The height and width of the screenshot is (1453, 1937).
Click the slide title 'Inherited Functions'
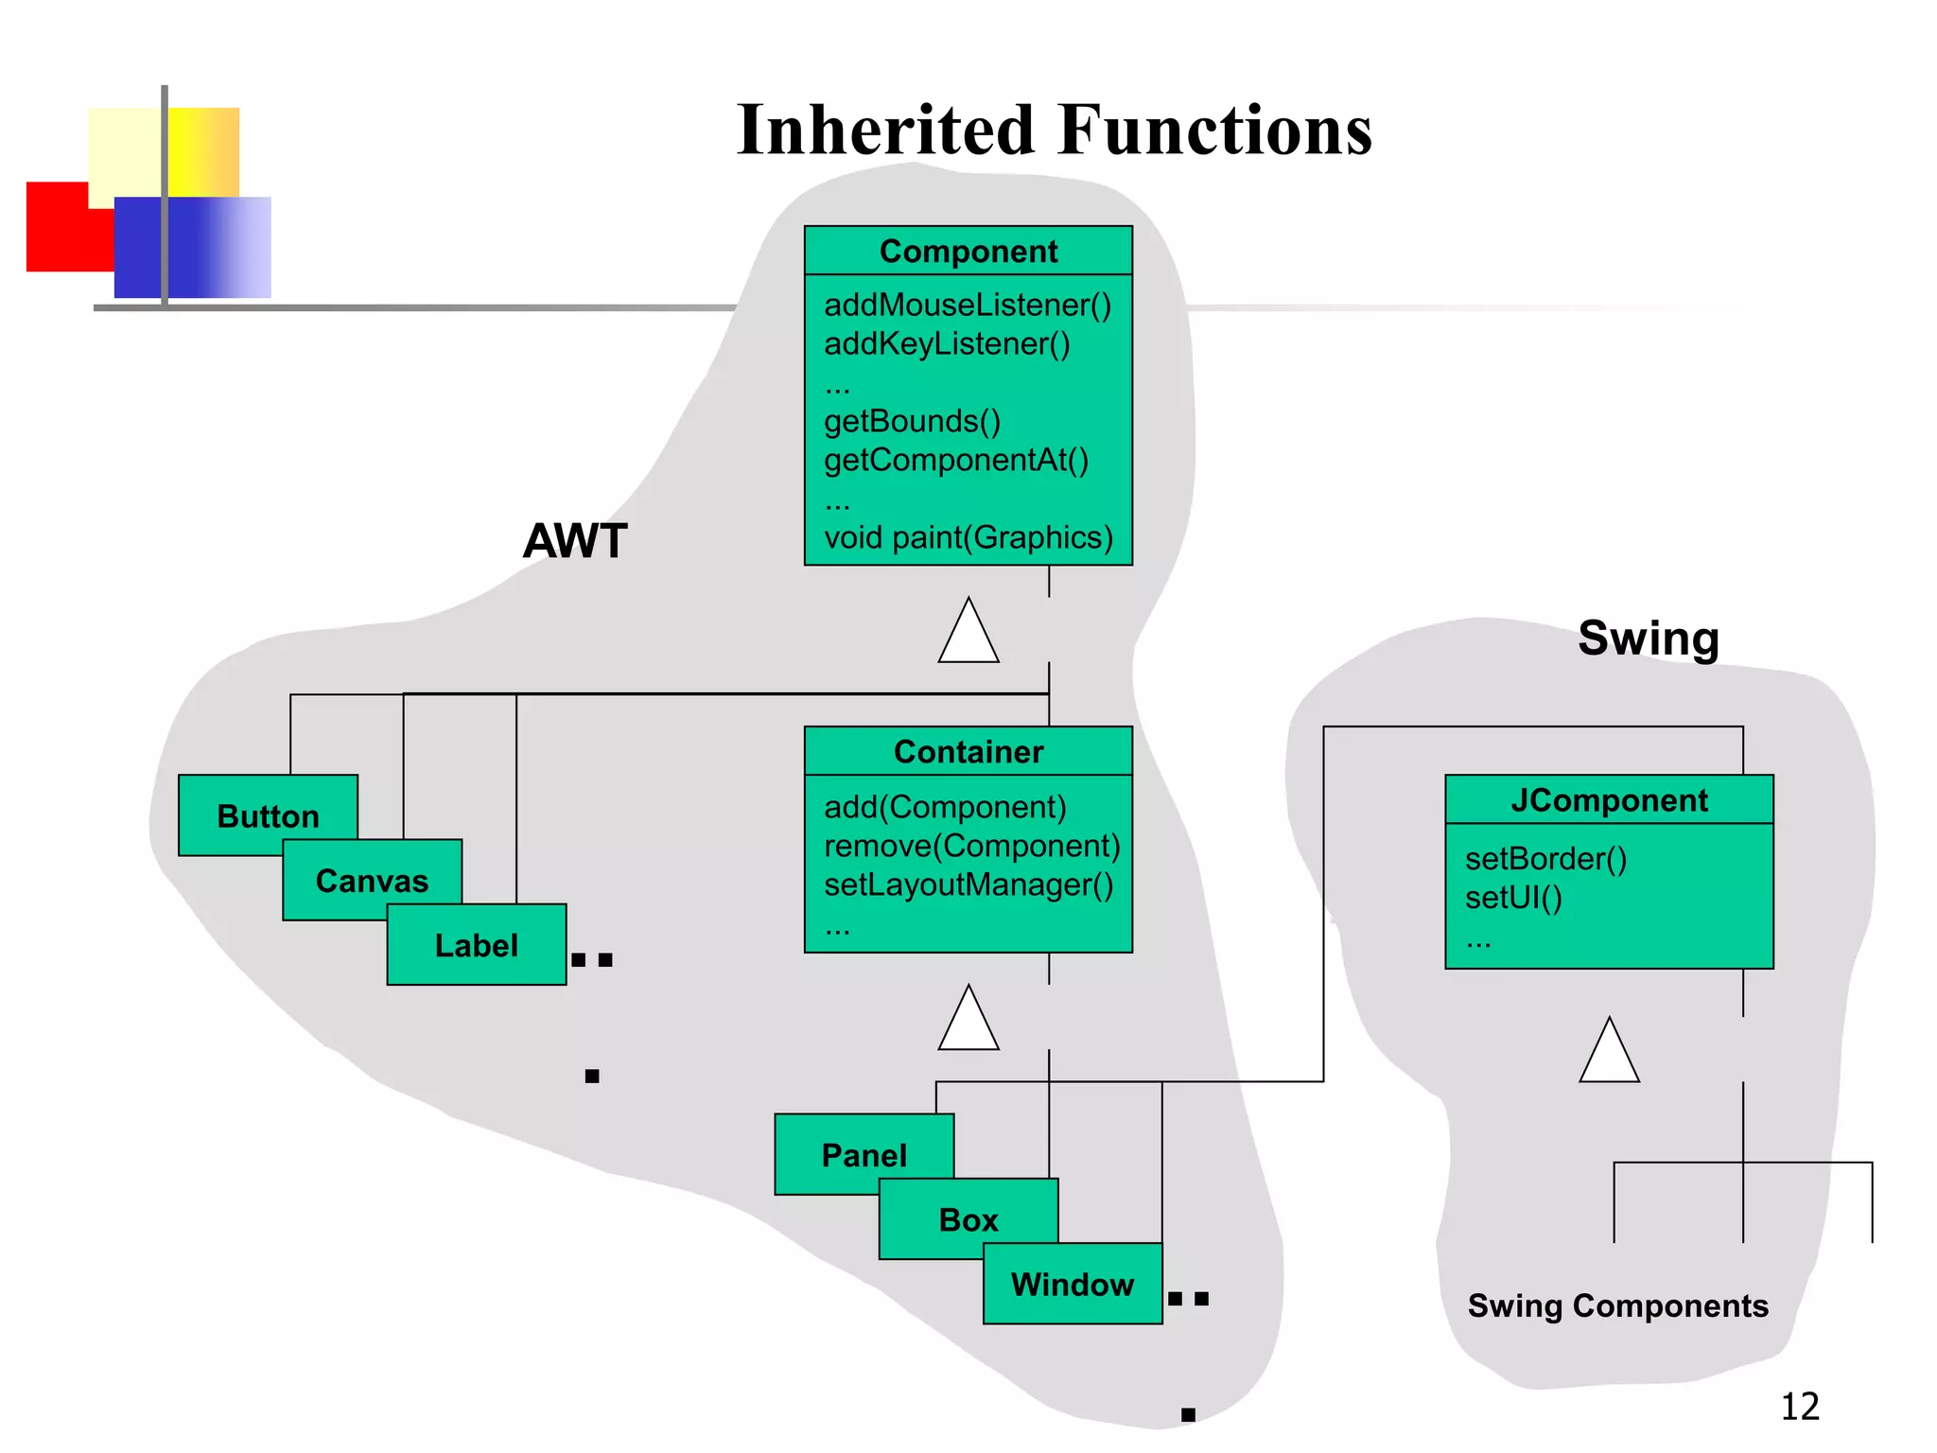tap(1054, 130)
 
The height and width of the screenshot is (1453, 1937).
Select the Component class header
tap(968, 252)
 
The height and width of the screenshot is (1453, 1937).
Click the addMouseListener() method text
tap(967, 306)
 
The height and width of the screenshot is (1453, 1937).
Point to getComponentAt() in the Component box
tap(955, 461)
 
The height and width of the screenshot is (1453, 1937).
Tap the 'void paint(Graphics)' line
tap(968, 538)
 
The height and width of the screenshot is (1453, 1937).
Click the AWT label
tap(575, 541)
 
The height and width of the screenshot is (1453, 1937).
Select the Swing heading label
tap(1648, 639)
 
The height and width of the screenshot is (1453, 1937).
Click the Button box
tap(267, 815)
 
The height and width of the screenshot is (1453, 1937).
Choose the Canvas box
tap(372, 881)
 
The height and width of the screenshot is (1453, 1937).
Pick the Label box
tap(476, 945)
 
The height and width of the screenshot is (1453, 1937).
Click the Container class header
tap(968, 752)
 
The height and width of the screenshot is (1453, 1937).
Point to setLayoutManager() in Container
tap(968, 885)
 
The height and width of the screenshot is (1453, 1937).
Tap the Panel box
tap(863, 1155)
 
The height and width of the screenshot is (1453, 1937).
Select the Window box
tap(1072, 1285)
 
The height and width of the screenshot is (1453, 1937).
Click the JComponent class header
tap(1608, 800)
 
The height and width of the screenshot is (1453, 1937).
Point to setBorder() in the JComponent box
tap(1545, 859)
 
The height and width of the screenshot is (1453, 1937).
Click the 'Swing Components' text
tap(1617, 1306)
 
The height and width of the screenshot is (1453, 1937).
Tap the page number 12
tap(1799, 1407)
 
